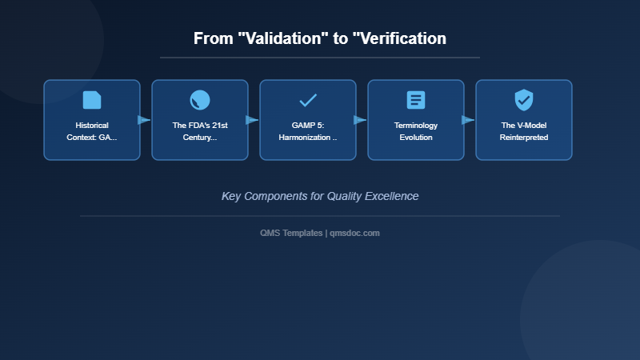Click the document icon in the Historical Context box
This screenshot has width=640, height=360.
tap(92, 100)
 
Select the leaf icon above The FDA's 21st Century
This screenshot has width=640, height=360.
tap(200, 100)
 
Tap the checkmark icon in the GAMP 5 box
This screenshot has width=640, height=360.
tap(308, 100)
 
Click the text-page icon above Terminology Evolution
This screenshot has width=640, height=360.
tap(416, 100)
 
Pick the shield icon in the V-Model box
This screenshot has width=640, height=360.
tap(524, 100)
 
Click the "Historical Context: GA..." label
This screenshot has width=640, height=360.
tap(92, 131)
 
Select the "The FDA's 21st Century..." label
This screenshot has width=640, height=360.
tap(200, 131)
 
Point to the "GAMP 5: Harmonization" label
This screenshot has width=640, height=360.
tap(308, 131)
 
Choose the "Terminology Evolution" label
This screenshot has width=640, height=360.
tap(416, 131)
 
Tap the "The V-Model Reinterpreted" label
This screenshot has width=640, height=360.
tap(524, 131)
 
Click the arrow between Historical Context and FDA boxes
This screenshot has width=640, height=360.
tap(144, 120)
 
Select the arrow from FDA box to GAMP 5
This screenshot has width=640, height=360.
tap(252, 120)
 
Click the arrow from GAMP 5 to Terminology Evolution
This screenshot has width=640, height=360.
tap(360, 120)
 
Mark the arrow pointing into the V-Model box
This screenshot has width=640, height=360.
tap(468, 120)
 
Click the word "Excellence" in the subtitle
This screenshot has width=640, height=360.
tap(391, 196)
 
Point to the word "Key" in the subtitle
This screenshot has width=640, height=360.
tap(231, 196)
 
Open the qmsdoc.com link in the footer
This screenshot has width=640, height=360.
tap(355, 233)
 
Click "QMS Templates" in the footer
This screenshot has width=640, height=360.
tap(291, 233)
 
